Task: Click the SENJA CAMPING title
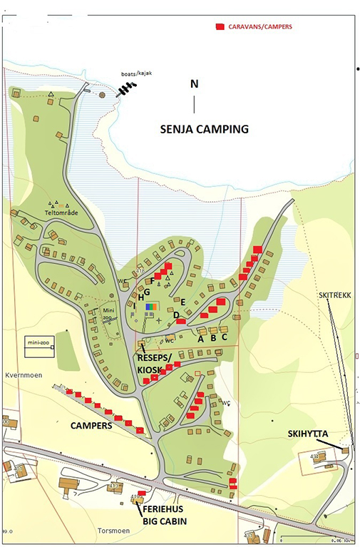coord(203,130)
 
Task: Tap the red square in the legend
coord(220,26)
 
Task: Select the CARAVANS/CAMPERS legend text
coord(260,26)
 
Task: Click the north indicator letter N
coord(194,84)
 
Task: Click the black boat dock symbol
coord(127,88)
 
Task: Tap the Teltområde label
coord(60,213)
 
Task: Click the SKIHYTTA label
coord(307,434)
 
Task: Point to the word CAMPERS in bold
coord(90,425)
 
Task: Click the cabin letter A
coord(200,339)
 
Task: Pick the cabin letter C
coord(225,337)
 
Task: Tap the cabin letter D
coord(176,315)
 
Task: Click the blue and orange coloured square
coord(151,307)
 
